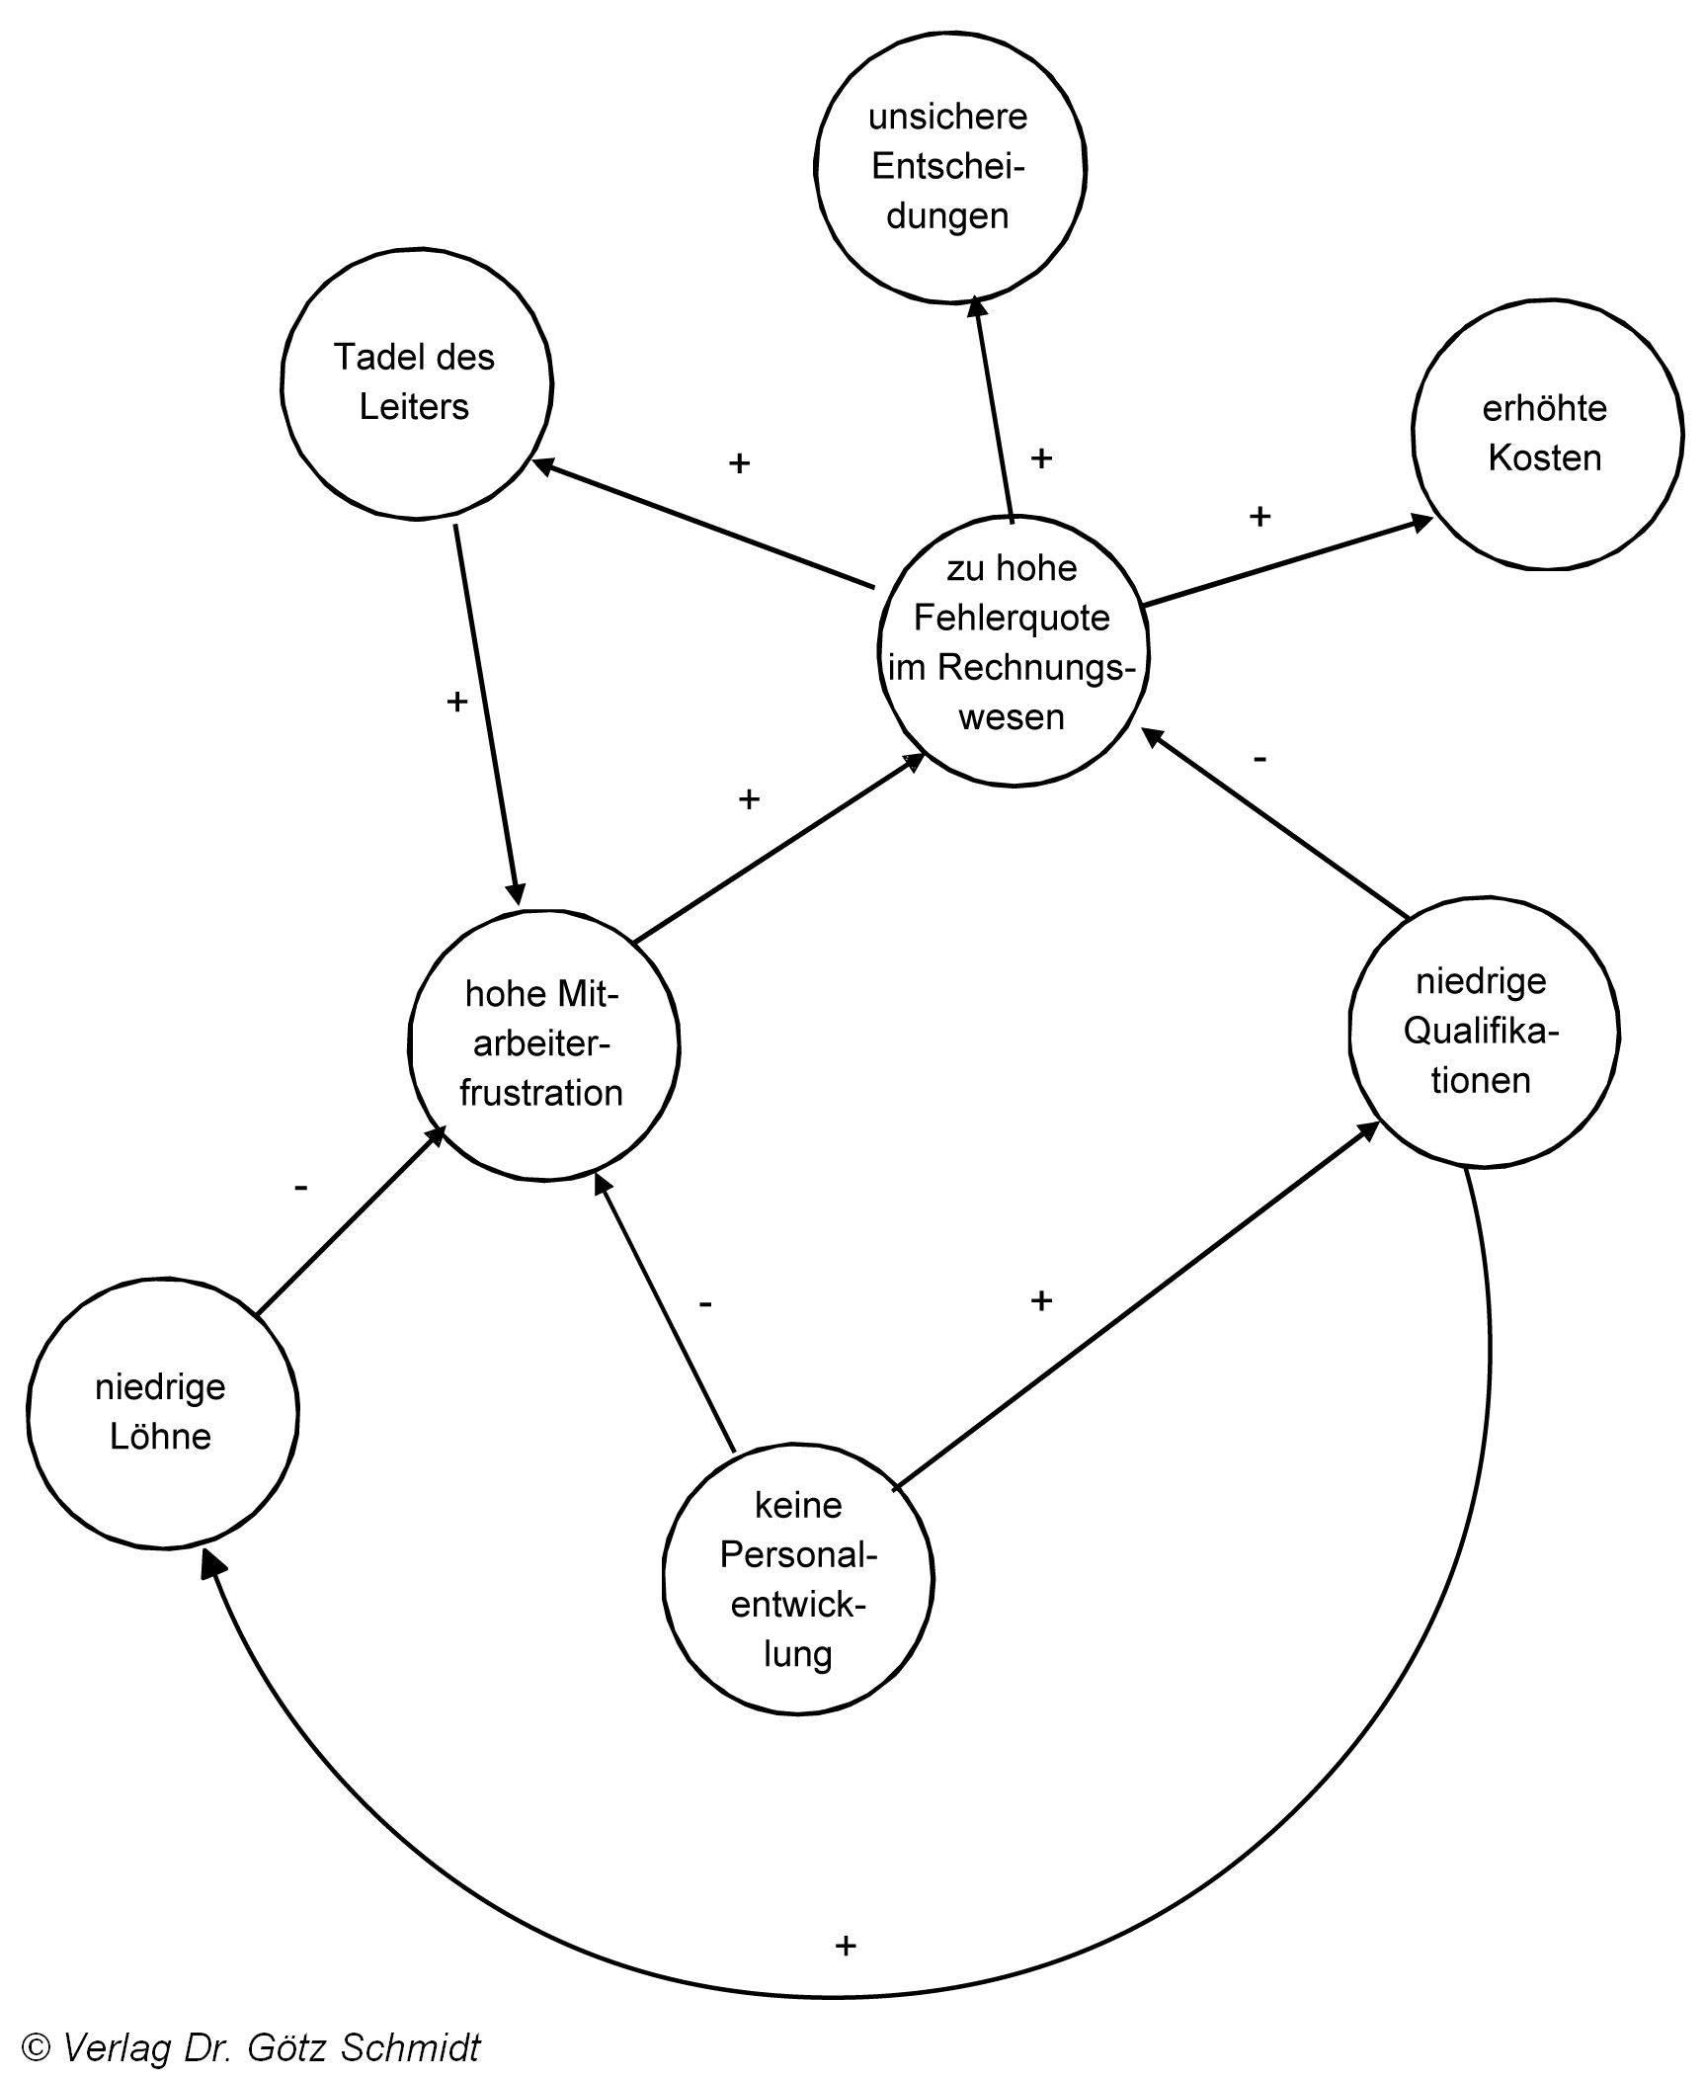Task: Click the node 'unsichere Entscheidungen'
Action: coord(949,167)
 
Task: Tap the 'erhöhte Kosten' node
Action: coord(1546,434)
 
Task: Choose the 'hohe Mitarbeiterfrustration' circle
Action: coord(543,1044)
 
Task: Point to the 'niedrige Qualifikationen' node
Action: coord(1483,1032)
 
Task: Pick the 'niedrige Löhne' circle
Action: coord(162,1412)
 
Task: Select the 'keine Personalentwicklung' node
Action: coord(797,1578)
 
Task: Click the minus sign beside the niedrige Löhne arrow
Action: coord(301,1187)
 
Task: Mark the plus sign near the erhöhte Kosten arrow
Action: coord(1259,516)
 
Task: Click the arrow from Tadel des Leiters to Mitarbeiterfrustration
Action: coord(487,711)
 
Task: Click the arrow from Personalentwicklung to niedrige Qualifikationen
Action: coord(1136,1304)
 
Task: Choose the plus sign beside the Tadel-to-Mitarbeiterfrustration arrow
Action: coord(456,702)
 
